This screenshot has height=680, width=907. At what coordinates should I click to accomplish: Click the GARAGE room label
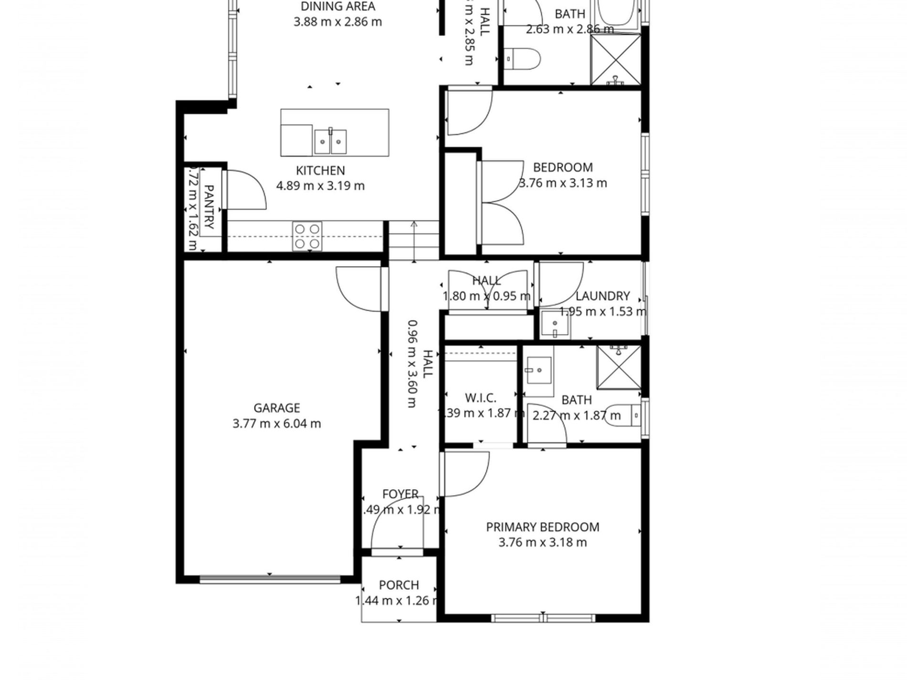click(276, 408)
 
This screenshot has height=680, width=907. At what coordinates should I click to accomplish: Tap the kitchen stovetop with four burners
click(307, 236)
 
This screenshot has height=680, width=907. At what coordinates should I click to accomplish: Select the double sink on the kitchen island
click(330, 141)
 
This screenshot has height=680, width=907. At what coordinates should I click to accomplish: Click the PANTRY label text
click(209, 207)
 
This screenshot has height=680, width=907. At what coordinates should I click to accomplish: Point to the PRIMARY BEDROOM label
click(542, 527)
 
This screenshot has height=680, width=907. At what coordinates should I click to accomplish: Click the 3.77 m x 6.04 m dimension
click(276, 423)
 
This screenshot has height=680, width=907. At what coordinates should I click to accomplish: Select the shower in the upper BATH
click(616, 60)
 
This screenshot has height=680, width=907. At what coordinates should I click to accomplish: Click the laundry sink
click(554, 324)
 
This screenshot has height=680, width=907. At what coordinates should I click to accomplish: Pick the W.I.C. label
click(480, 398)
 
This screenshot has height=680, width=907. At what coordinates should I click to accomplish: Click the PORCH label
click(399, 585)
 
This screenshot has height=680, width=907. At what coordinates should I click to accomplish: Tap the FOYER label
click(400, 494)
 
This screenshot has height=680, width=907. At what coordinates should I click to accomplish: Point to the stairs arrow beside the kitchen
click(414, 241)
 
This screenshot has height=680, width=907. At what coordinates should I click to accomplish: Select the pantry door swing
click(243, 189)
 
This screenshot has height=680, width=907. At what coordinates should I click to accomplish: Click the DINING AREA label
click(337, 7)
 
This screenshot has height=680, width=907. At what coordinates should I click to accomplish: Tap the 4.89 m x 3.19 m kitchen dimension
click(320, 186)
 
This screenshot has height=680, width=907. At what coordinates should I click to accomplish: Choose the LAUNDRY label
click(602, 296)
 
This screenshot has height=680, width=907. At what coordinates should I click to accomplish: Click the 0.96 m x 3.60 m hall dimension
click(412, 364)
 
